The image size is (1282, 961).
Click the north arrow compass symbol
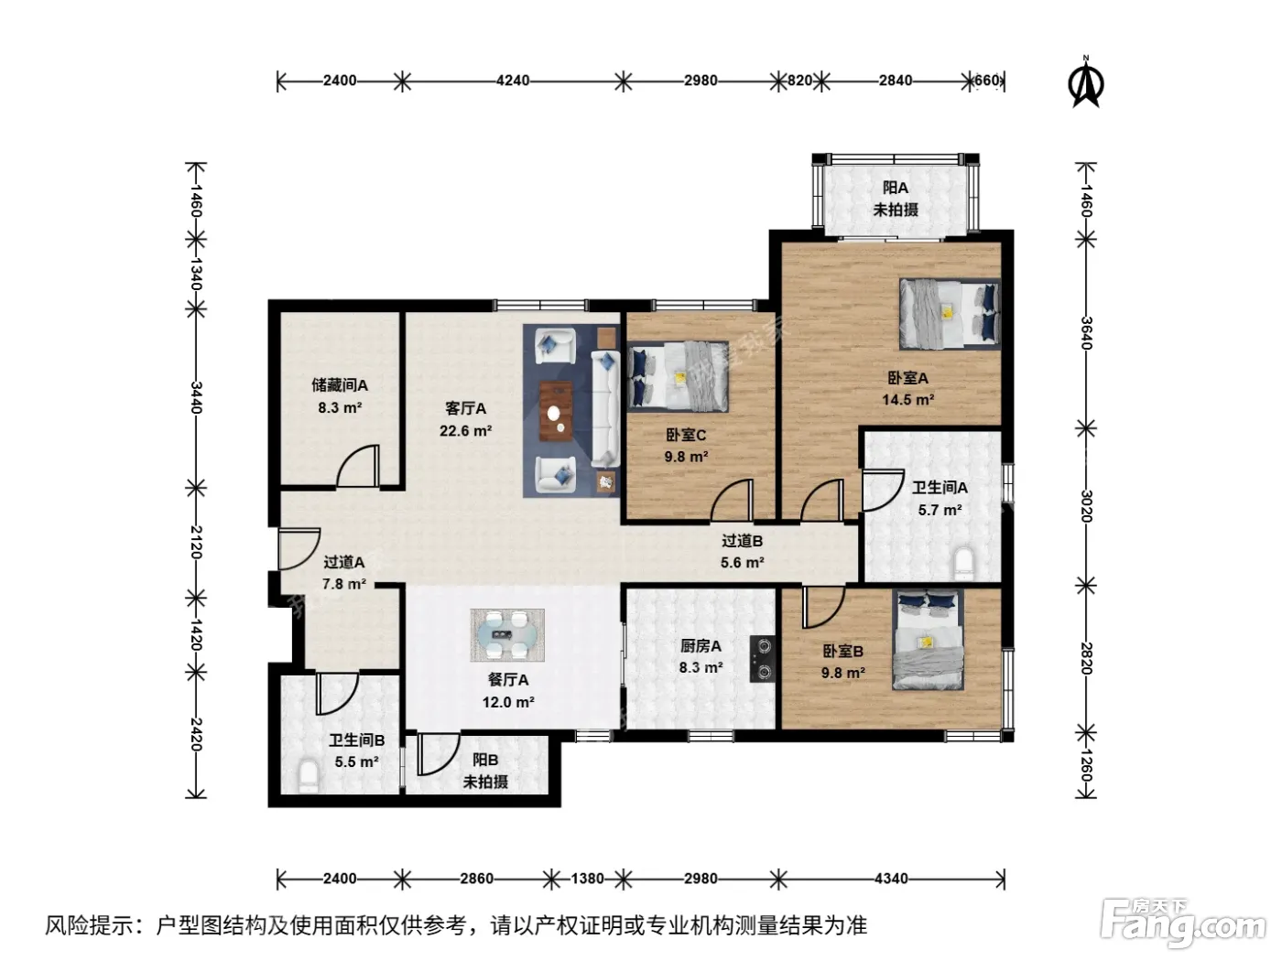pyautogui.click(x=1085, y=83)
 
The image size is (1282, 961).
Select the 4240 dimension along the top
pyautogui.click(x=513, y=81)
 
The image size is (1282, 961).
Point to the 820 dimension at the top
pyautogui.click(x=799, y=81)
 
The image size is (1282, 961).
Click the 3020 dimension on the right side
pyautogui.click(x=1086, y=506)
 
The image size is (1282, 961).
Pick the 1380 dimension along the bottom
pyautogui.click(x=587, y=878)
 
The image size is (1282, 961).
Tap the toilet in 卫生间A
pyautogui.click(x=962, y=563)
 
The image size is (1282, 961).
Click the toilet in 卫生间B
pyautogui.click(x=308, y=775)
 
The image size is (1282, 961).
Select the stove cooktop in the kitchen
pyautogui.click(x=763, y=658)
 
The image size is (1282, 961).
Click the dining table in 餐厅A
pyautogui.click(x=507, y=635)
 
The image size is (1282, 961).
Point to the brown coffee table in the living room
pyautogui.click(x=556, y=411)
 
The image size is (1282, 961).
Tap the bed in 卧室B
pyautogui.click(x=928, y=640)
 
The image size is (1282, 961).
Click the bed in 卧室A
pyautogui.click(x=950, y=314)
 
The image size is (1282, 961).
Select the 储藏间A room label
pyautogui.click(x=340, y=385)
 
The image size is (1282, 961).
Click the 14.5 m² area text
pyautogui.click(x=907, y=400)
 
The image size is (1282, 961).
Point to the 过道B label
pyautogui.click(x=742, y=541)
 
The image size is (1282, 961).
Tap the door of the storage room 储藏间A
pyautogui.click(x=358, y=466)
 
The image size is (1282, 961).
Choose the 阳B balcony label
pyautogui.click(x=485, y=760)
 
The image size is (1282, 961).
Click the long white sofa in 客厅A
pyautogui.click(x=605, y=409)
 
